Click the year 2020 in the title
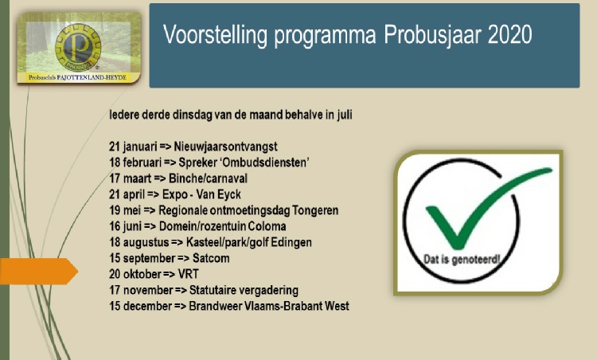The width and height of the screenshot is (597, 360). (x=509, y=35)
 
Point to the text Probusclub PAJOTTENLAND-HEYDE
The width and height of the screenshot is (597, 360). (x=77, y=77)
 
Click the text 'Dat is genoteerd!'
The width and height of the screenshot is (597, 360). (x=462, y=260)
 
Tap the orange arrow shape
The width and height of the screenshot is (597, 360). (x=38, y=272)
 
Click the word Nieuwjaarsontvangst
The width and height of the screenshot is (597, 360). (x=225, y=147)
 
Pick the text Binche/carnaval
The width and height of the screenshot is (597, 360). (x=208, y=178)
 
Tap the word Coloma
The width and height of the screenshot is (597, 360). (x=267, y=226)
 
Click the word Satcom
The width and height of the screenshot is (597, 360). (x=211, y=258)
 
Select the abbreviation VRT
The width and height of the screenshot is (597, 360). (x=189, y=274)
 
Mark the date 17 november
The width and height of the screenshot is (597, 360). (x=141, y=290)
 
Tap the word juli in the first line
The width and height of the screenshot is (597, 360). (x=344, y=115)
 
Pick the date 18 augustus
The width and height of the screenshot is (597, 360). (x=139, y=243)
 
